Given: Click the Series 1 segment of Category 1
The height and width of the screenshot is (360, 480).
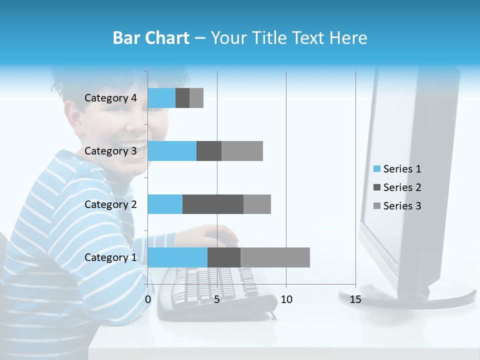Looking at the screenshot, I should pyautogui.click(x=177, y=257).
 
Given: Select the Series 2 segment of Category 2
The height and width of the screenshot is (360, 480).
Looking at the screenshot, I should pyautogui.click(x=213, y=204).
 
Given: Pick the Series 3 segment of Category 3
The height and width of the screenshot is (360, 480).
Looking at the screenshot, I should pyautogui.click(x=242, y=151).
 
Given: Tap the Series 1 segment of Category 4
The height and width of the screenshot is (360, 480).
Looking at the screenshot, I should pyautogui.click(x=161, y=98).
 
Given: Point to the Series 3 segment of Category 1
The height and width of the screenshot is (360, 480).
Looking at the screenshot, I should pyautogui.click(x=275, y=257).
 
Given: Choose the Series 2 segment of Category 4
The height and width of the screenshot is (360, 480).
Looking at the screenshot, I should pyautogui.click(x=182, y=98).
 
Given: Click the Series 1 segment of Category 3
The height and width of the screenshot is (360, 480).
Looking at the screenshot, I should pyautogui.click(x=172, y=151).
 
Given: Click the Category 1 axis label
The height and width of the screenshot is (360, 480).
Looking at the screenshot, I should pyautogui.click(x=110, y=257).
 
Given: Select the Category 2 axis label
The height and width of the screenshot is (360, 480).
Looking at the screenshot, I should pyautogui.click(x=110, y=204).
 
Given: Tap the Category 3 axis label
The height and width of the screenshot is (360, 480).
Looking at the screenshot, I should pyautogui.click(x=110, y=151).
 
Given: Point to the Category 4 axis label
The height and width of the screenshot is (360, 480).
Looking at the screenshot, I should pyautogui.click(x=110, y=98).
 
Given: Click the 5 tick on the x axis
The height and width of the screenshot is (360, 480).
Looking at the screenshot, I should pyautogui.click(x=217, y=299).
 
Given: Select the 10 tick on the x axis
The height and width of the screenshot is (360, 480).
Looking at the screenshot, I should pyautogui.click(x=286, y=299).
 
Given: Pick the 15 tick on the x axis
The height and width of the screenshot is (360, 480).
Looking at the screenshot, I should pyautogui.click(x=355, y=299).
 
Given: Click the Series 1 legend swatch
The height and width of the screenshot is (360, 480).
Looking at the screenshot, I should pyautogui.click(x=376, y=169).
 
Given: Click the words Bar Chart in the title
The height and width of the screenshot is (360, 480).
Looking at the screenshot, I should pyautogui.click(x=151, y=38).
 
